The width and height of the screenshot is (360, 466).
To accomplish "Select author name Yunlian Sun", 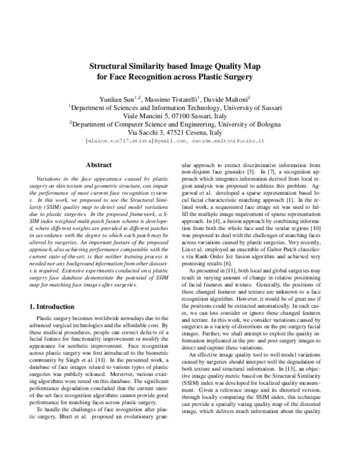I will pyautogui.click(x=119, y=98).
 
